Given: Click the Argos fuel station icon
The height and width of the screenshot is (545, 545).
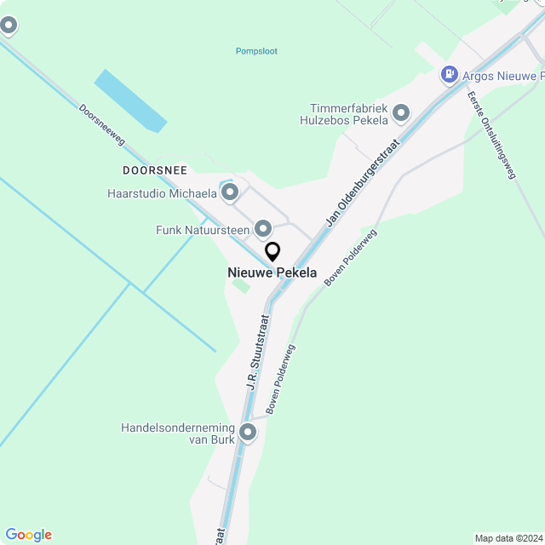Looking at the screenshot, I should (448, 75).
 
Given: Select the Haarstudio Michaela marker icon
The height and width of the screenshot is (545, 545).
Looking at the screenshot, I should (229, 193).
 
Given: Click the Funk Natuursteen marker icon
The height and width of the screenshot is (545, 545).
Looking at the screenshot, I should (263, 229).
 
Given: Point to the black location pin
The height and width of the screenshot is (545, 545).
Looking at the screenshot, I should (272, 251).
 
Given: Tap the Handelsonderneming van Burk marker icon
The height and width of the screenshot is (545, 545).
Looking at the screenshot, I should (248, 433).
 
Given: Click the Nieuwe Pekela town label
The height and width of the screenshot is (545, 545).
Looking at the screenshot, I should (272, 273).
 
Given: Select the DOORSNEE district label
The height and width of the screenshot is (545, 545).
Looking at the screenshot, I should (154, 170).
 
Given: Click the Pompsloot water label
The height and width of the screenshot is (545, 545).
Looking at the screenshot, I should (256, 51).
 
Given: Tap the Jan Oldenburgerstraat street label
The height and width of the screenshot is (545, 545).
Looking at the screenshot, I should (360, 185).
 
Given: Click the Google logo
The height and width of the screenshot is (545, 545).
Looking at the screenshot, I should (28, 535).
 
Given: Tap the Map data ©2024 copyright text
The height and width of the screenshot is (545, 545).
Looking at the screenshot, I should (508, 538).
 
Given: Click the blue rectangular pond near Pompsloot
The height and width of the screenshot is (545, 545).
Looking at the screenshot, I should (130, 100).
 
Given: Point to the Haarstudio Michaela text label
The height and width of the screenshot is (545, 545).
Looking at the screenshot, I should (162, 193).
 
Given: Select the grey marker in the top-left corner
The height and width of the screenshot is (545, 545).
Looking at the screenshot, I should (9, 26).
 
